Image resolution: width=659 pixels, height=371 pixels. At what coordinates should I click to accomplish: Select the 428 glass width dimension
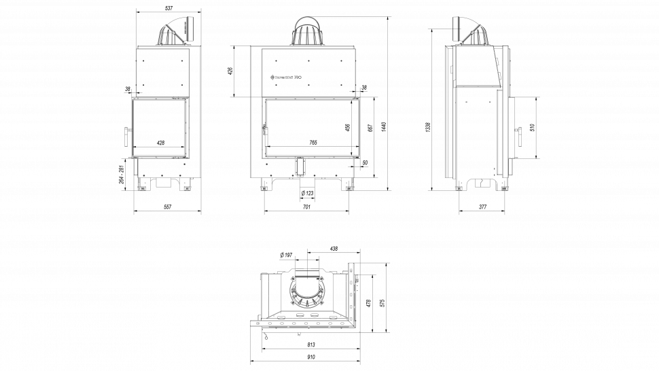click(x=160, y=143)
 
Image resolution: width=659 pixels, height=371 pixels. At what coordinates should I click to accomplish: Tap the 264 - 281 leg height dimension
click(x=122, y=175)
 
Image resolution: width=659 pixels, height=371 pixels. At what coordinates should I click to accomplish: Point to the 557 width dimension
click(x=167, y=207)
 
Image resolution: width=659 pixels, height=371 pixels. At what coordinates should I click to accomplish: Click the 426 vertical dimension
click(x=230, y=71)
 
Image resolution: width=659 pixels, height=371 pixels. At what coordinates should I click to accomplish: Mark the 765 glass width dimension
click(x=313, y=143)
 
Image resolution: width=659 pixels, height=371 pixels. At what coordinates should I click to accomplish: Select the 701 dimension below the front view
click(x=306, y=207)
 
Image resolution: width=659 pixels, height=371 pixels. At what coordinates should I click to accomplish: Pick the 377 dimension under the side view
click(x=482, y=207)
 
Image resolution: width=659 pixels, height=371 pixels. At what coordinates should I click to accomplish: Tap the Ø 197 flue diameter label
click(x=286, y=255)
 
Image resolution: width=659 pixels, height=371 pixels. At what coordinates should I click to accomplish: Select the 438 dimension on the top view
click(x=333, y=249)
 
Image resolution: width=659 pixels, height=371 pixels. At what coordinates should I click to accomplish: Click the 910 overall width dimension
click(x=310, y=357)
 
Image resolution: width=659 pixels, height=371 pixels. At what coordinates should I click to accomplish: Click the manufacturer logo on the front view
click(x=287, y=77)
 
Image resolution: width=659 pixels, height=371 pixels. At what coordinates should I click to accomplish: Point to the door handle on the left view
click(x=126, y=136)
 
